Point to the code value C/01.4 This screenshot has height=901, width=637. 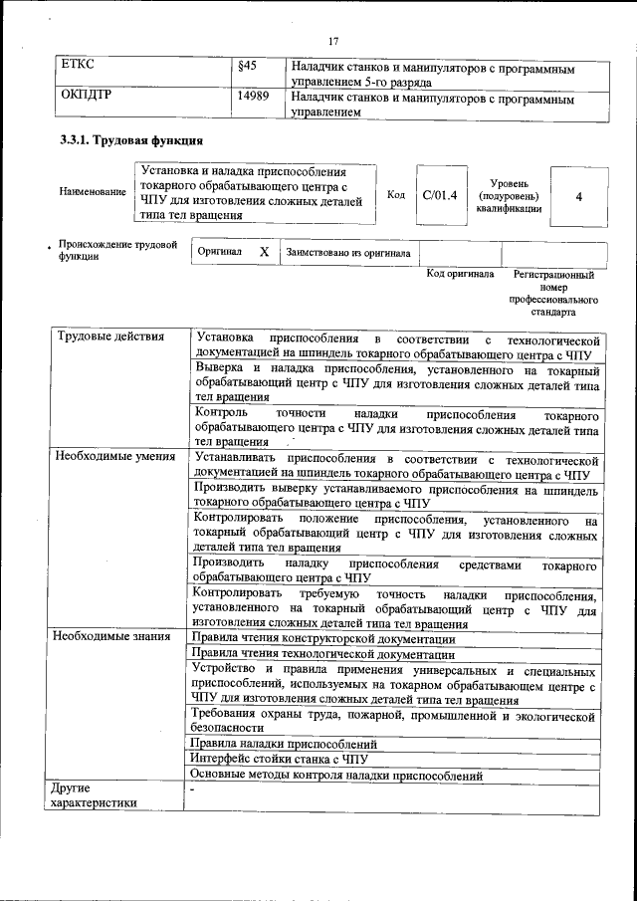439,195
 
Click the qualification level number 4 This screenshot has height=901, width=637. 578,196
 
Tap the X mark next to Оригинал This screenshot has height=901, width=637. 264,253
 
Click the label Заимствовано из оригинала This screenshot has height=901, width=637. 347,253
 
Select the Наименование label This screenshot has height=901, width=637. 93,191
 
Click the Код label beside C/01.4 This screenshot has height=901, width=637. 395,195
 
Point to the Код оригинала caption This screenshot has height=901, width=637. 460,273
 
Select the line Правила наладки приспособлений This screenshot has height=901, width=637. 284,744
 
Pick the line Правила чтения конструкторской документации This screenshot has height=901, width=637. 323,638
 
